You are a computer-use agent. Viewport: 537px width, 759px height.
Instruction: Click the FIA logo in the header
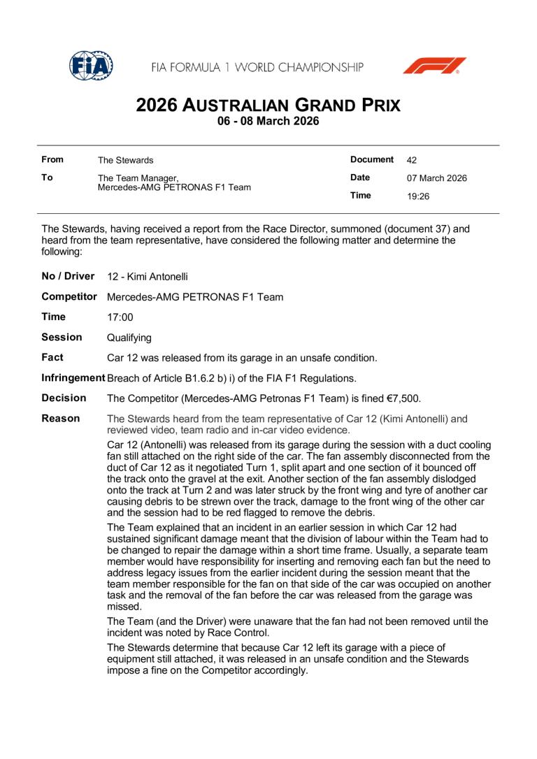[92, 66]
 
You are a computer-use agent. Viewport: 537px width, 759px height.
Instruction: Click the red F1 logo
[434, 66]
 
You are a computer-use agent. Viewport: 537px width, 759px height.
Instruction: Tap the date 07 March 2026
[437, 178]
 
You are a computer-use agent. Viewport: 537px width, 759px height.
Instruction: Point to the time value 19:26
[418, 196]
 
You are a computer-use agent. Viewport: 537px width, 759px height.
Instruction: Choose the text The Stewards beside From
[125, 161]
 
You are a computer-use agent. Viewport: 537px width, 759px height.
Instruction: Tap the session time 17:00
[120, 317]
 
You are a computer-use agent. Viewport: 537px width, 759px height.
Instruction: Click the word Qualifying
[129, 338]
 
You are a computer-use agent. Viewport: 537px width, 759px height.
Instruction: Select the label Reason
[60, 418]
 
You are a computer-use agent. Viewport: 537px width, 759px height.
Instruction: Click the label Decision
[64, 398]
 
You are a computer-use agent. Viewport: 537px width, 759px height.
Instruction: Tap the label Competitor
[69, 297]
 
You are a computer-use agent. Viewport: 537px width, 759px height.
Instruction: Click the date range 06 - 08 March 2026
[268, 122]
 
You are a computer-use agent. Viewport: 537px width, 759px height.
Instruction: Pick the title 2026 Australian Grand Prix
[268, 106]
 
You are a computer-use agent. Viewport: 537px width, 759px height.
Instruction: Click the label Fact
[52, 357]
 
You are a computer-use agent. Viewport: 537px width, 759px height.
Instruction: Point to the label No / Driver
[69, 276]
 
